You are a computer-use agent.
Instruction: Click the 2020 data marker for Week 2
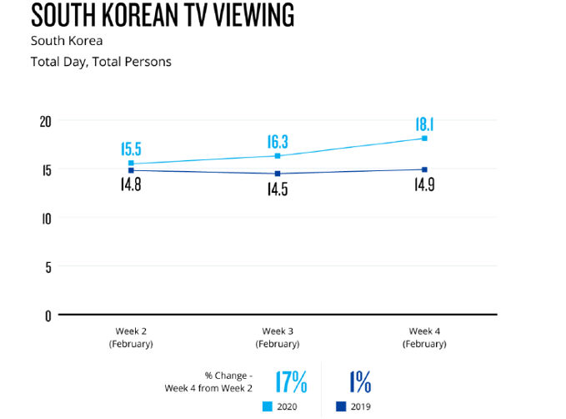pos(131,164)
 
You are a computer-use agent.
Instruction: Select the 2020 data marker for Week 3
pos(278,156)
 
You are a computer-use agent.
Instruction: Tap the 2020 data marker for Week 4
pos(424,139)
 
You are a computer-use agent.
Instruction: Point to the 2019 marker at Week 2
pos(131,170)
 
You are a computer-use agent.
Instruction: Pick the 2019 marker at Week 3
pos(278,174)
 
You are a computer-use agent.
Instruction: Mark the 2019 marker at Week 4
pos(424,169)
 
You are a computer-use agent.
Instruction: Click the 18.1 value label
pos(424,124)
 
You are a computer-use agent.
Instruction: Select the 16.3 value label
pos(278,142)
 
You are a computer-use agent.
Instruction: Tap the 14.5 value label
pos(278,189)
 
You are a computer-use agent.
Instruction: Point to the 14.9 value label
pos(424,184)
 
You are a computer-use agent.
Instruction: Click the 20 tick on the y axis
pos(46,122)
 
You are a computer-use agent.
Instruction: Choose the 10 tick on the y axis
pos(46,219)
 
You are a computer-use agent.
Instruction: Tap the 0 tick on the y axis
pos(48,316)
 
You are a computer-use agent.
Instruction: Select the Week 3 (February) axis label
pos(278,337)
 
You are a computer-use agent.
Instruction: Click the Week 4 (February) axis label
pos(424,337)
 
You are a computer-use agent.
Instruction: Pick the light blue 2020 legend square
pos(268,406)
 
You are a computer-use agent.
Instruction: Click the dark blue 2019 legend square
pos(341,406)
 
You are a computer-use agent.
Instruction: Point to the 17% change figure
pos(291,381)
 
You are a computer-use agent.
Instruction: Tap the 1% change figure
pos(360,381)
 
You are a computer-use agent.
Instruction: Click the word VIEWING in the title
pos(254,15)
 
